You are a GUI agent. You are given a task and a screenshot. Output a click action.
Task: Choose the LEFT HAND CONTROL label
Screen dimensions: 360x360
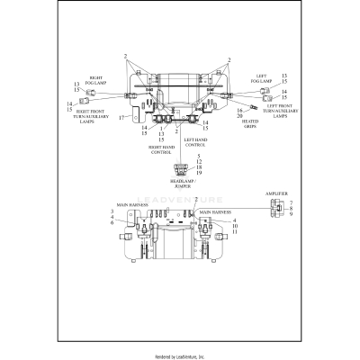[198, 141]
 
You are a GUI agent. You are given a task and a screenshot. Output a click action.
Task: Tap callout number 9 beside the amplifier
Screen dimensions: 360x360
[291, 214]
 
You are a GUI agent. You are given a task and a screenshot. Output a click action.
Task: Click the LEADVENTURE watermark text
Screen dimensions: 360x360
[180, 203]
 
